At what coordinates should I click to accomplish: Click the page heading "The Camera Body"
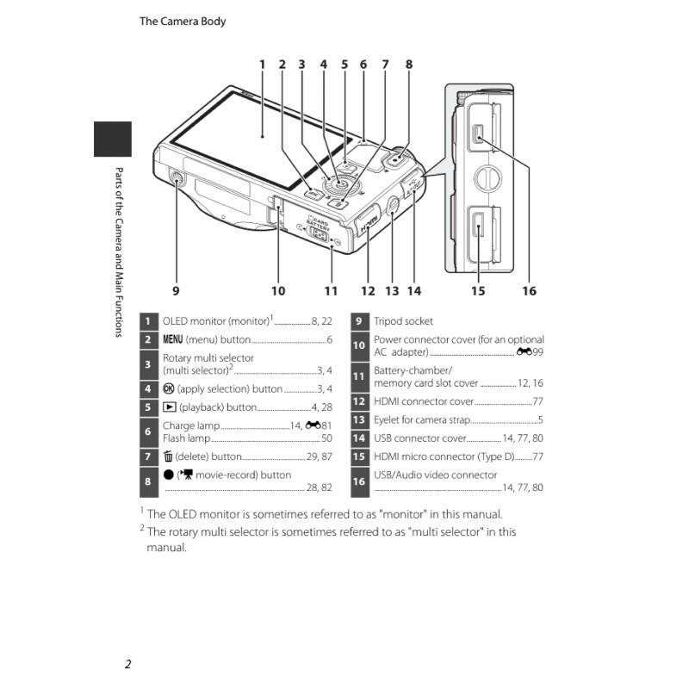pos(183,21)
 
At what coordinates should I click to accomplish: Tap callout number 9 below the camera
pos(176,290)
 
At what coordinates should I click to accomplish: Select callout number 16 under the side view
pos(529,290)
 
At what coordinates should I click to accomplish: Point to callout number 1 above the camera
pos(262,64)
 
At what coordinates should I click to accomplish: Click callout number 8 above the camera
pos(408,64)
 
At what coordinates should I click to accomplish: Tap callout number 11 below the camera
pos(330,290)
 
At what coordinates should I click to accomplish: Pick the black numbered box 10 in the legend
pos(359,346)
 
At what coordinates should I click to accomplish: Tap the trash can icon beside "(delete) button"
pos(168,456)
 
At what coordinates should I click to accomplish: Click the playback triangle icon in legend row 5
pos(169,407)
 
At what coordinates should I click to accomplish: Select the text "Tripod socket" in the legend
pos(403,321)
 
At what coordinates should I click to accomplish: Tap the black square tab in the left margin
pos(112,140)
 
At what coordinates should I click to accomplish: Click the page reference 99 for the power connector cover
pos(537,352)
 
